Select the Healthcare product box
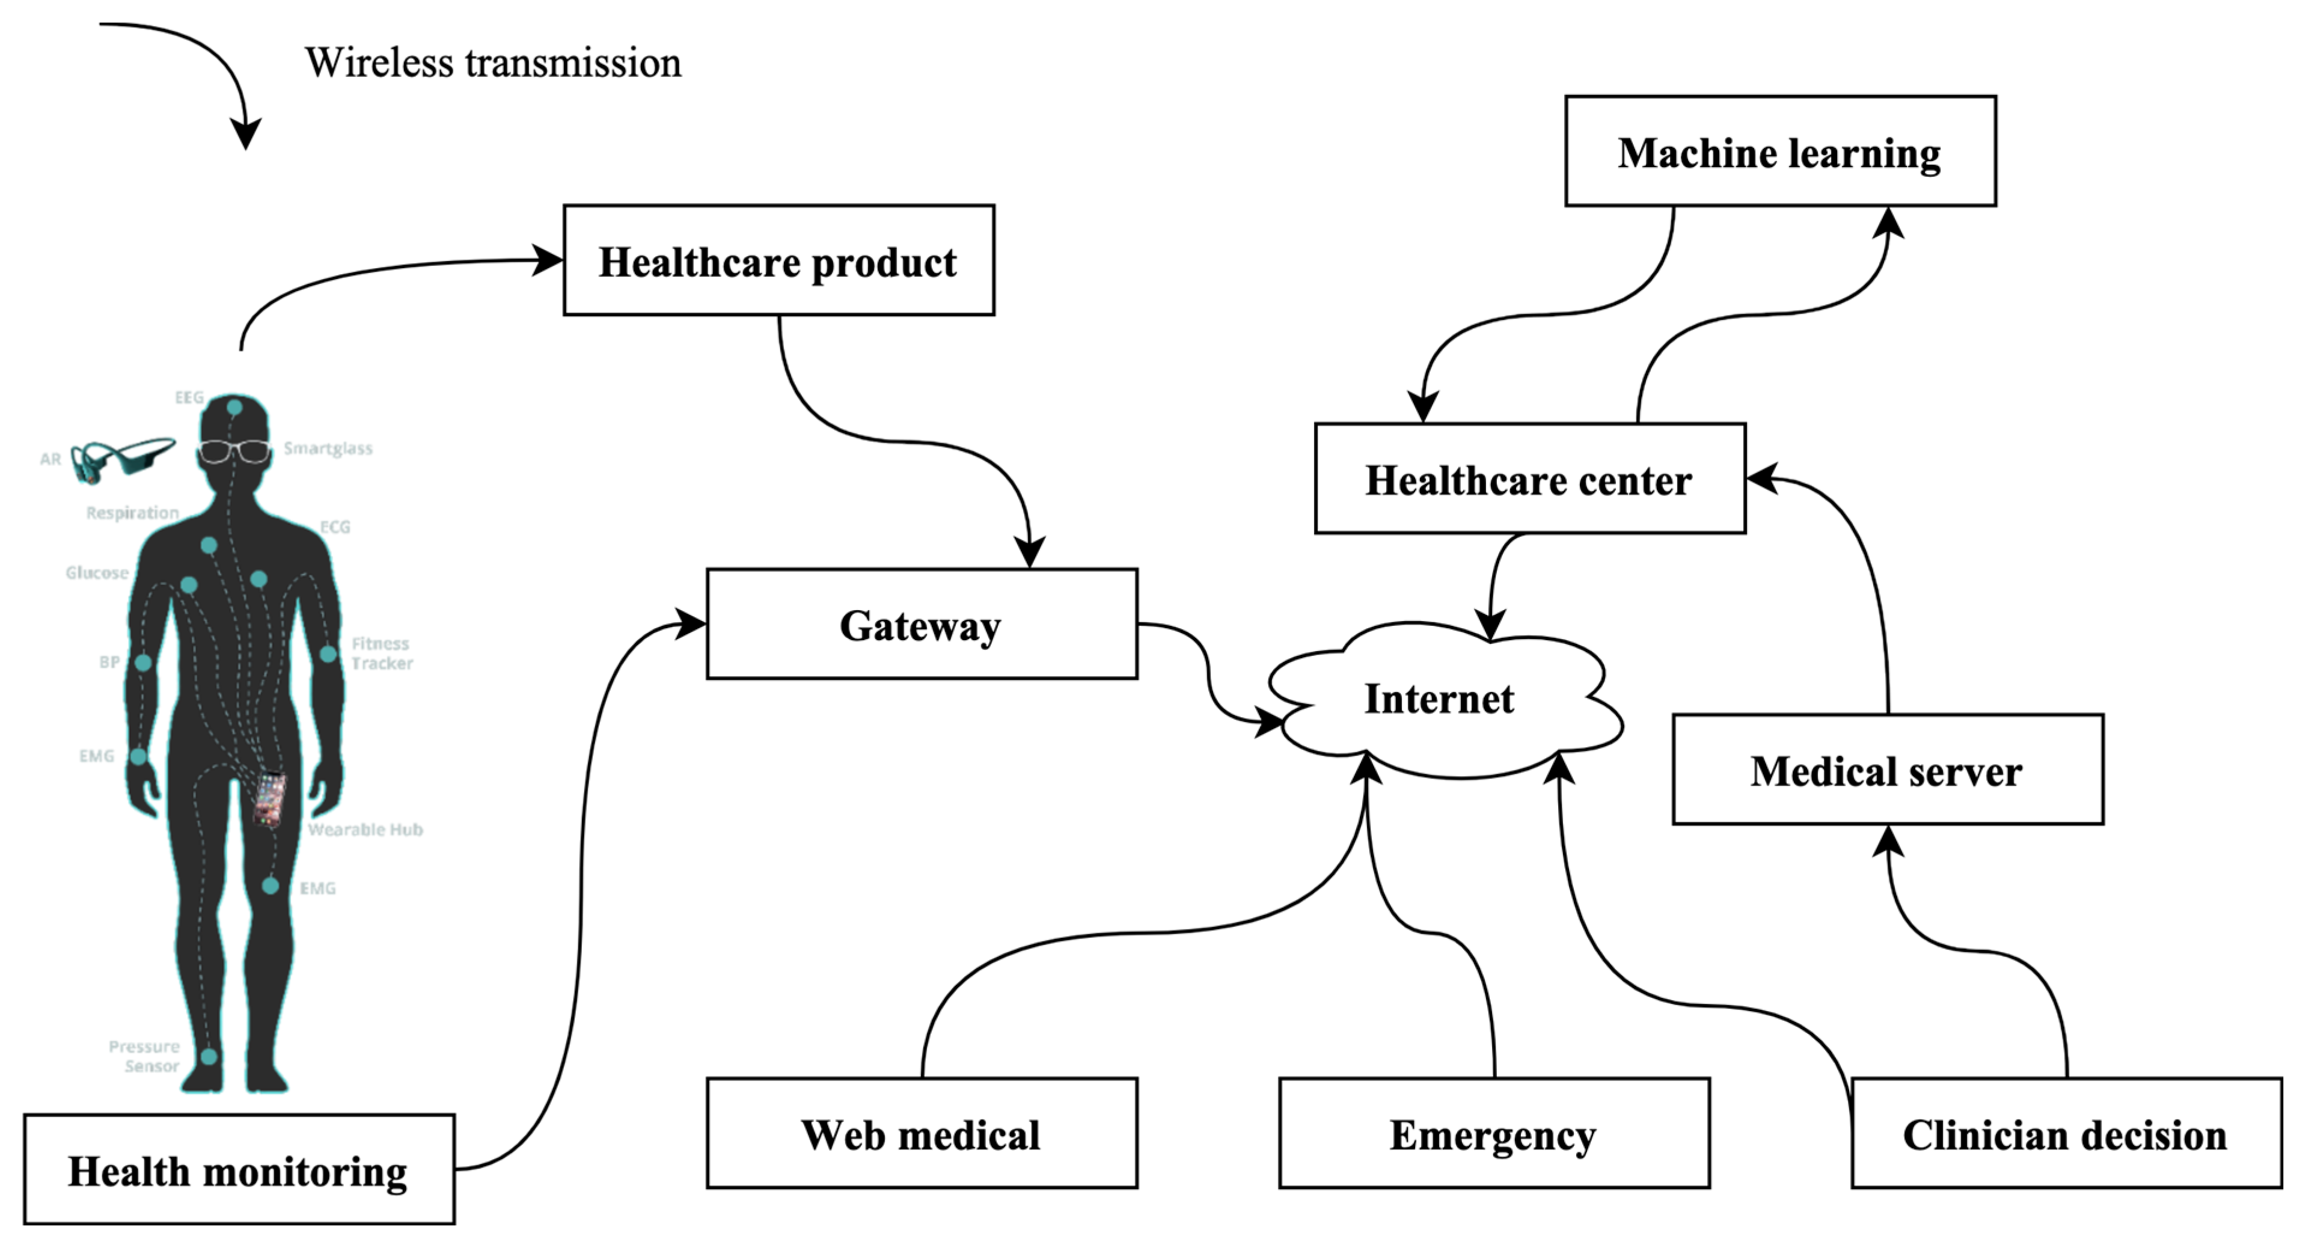click(x=778, y=260)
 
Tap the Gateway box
click(x=921, y=624)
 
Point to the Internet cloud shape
click(x=1439, y=699)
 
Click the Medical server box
click(x=1886, y=769)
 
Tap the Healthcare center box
click(x=1529, y=479)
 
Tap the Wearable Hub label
click(x=365, y=830)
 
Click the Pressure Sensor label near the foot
click(x=145, y=1056)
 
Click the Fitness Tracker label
click(x=381, y=653)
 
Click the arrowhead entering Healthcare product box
click(x=549, y=261)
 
